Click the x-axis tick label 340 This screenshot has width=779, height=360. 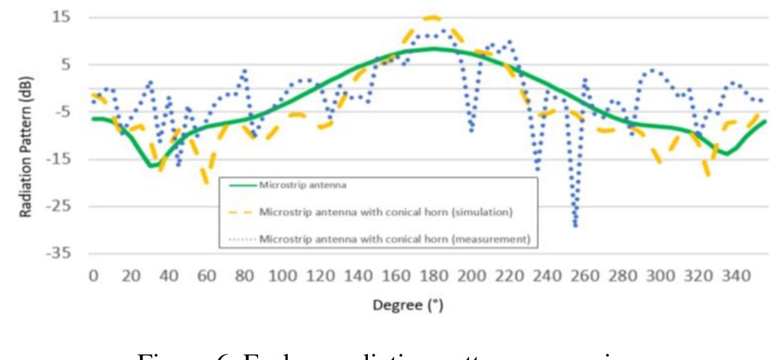734,277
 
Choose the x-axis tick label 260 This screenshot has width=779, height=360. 583,277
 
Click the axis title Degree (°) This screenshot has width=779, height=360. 412,307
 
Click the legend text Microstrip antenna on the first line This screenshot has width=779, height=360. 303,185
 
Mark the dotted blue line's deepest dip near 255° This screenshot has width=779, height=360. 575,225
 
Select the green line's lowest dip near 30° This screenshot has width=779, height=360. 151,166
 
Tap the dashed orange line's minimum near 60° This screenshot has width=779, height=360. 207,182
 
